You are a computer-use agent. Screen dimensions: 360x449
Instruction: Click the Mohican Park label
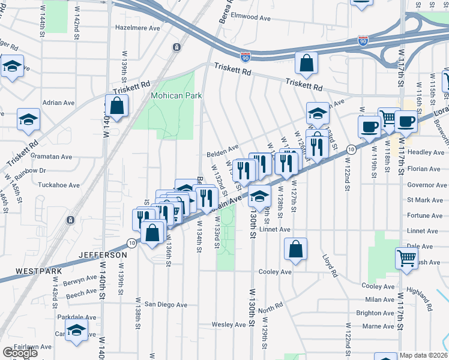pyautogui.click(x=176, y=95)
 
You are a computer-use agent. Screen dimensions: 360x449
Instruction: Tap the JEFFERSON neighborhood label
pyautogui.click(x=103, y=255)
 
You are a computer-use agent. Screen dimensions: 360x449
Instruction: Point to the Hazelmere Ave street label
pyautogui.click(x=137, y=28)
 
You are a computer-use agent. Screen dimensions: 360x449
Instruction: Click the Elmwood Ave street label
pyautogui.click(x=256, y=17)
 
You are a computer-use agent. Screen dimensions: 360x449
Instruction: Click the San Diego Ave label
pyautogui.click(x=165, y=304)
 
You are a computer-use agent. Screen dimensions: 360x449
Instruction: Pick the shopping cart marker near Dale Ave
pyautogui.click(x=406, y=258)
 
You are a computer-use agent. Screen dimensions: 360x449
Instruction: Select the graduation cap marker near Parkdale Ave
pyautogui.click(x=76, y=329)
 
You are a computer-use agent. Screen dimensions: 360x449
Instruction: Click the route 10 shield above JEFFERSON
pyautogui.click(x=131, y=242)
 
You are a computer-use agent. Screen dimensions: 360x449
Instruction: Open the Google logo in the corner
pyautogui.click(x=19, y=353)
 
